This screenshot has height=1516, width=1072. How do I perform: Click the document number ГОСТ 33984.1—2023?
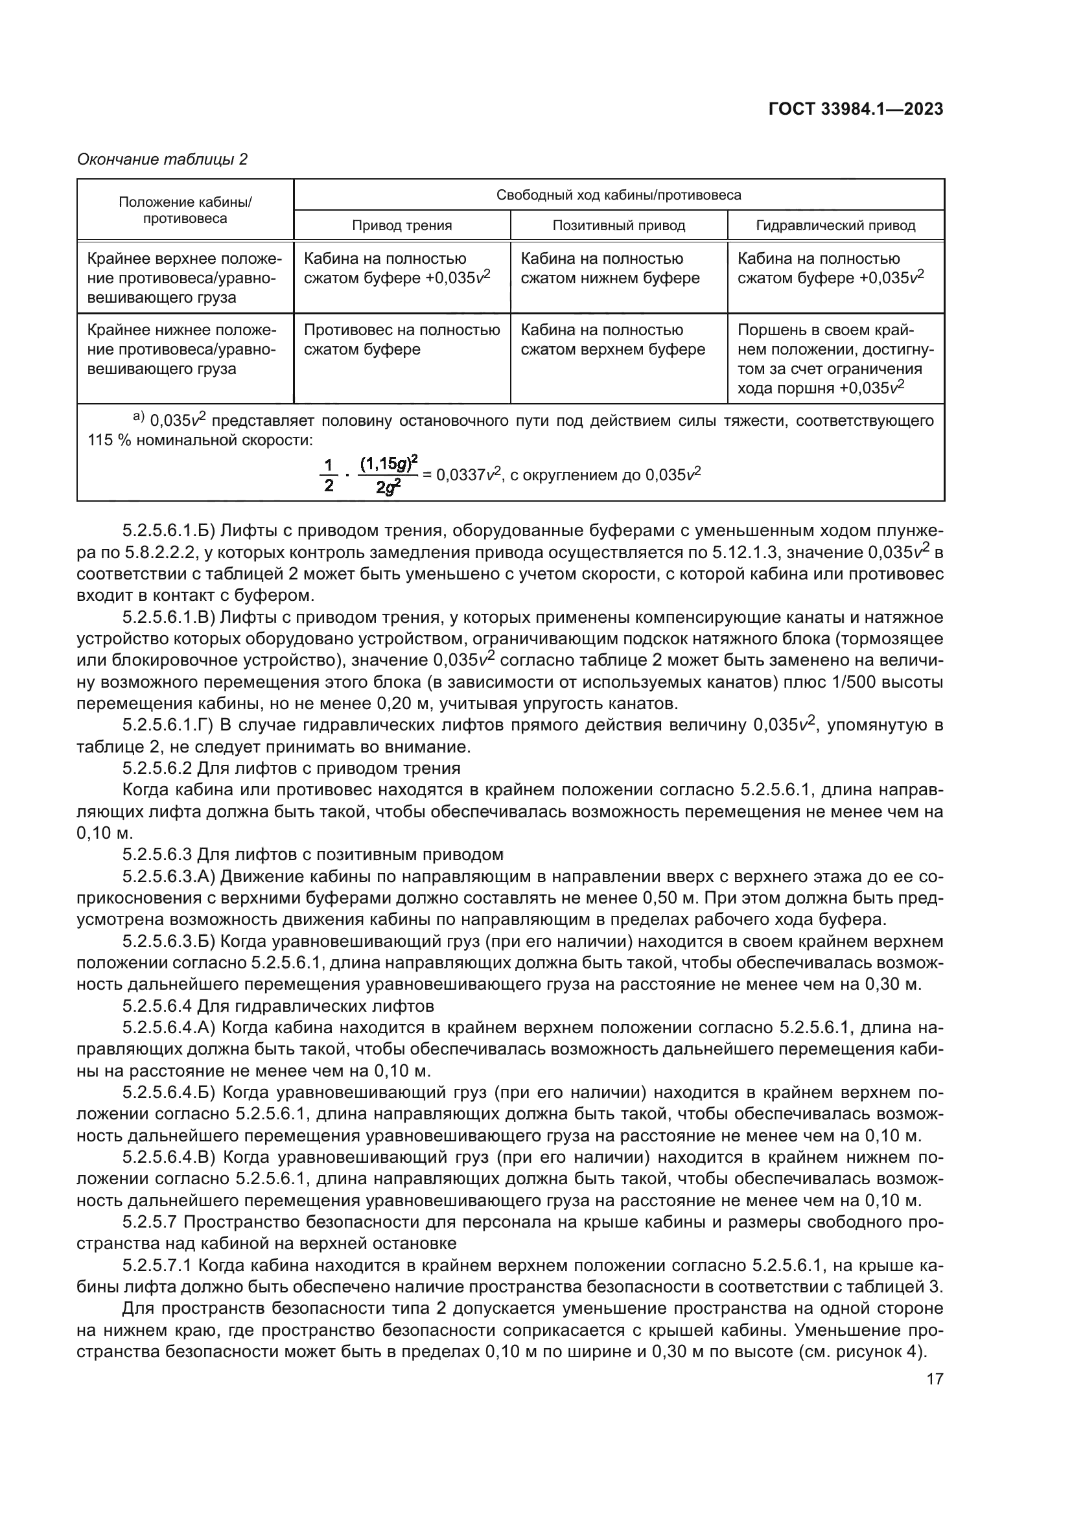(856, 110)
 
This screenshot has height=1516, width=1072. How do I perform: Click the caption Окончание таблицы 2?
(163, 159)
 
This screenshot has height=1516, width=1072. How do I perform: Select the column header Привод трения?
(401, 226)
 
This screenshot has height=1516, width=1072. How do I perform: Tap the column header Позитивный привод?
(618, 226)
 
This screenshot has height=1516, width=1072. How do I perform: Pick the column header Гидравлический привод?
(835, 226)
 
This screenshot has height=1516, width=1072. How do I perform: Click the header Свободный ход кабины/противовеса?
(618, 195)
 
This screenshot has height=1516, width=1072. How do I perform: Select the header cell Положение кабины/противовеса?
(185, 210)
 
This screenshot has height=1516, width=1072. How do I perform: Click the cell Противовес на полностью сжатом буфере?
(401, 340)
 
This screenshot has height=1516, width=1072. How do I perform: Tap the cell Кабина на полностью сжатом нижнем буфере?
(610, 269)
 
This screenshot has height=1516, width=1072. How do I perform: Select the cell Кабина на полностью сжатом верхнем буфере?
(612, 340)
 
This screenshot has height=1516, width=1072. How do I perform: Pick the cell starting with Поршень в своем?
(835, 358)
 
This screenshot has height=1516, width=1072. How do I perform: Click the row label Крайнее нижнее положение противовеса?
(181, 349)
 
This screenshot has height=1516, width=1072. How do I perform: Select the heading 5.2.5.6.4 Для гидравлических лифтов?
(278, 1007)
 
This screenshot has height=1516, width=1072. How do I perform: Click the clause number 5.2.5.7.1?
(156, 1266)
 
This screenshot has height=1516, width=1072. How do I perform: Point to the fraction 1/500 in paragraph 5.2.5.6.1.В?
(833, 682)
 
